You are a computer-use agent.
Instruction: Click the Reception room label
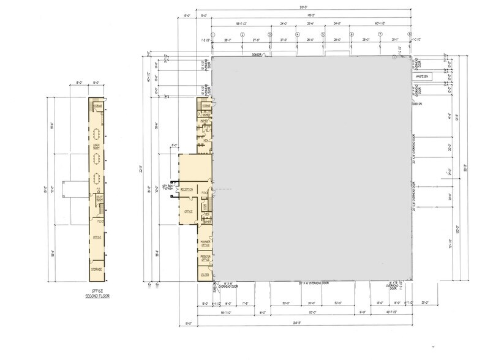pos(187,190)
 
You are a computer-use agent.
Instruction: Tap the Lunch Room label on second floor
pos(96,146)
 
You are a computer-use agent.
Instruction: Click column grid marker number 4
pos(297,34)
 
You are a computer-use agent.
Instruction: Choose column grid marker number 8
pos(410,34)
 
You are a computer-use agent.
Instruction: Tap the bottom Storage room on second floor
pos(96,270)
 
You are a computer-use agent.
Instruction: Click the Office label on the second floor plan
pos(96,237)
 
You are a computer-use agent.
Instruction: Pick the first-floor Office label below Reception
pos(189,211)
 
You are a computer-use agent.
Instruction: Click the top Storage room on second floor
pos(97,106)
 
